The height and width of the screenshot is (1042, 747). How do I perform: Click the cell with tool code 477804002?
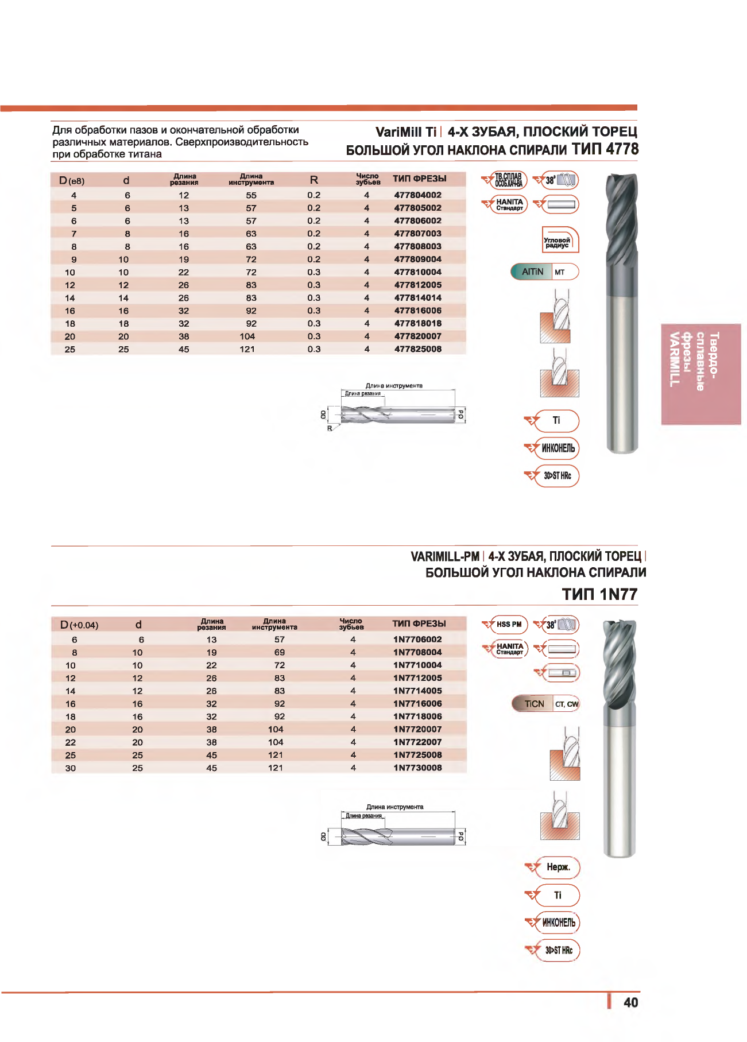click(417, 195)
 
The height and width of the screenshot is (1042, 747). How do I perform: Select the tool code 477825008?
click(417, 349)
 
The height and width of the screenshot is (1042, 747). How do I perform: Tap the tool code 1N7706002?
click(417, 640)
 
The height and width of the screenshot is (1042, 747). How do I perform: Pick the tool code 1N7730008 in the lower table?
click(417, 768)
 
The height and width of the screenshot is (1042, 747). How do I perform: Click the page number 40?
click(630, 1002)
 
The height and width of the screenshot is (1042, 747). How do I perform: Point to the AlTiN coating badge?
click(532, 272)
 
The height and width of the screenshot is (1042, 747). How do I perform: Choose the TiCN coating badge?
click(534, 704)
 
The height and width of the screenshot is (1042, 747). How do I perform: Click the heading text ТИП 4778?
click(605, 149)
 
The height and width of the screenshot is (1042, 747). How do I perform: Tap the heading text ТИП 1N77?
click(599, 594)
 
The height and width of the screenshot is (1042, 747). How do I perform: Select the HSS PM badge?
click(509, 625)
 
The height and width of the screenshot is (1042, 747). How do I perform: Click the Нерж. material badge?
click(558, 867)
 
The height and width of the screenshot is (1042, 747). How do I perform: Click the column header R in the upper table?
click(314, 180)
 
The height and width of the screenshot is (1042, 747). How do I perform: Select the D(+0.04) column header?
click(79, 625)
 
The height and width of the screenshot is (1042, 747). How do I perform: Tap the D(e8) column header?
click(72, 181)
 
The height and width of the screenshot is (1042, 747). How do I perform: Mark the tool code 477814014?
click(417, 298)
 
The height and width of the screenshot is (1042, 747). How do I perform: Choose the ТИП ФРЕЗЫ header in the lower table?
click(419, 624)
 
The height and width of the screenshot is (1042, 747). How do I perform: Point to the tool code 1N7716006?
click(417, 704)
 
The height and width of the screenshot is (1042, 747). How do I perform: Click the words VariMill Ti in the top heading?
click(405, 132)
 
